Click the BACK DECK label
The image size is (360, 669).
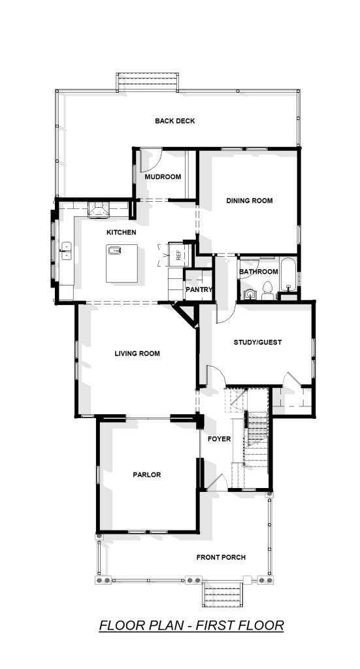click(x=175, y=121)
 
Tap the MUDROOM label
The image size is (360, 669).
click(x=163, y=177)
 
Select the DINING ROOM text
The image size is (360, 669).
click(x=249, y=201)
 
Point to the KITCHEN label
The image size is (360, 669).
click(x=121, y=233)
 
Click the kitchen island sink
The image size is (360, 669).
click(x=115, y=250)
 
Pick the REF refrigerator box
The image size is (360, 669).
click(x=176, y=255)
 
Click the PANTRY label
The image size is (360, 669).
click(x=199, y=289)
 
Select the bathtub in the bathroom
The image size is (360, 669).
click(x=289, y=275)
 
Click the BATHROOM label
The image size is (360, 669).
click(x=259, y=272)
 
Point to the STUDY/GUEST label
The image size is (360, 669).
click(x=257, y=342)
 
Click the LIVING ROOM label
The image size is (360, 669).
click(x=137, y=353)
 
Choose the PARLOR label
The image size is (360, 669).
click(x=147, y=475)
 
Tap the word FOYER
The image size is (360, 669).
click(x=220, y=439)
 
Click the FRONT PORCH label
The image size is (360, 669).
click(x=221, y=557)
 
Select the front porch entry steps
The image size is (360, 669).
click(x=222, y=595)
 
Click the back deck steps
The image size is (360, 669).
click(x=148, y=82)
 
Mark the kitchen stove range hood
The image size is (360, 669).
click(x=99, y=210)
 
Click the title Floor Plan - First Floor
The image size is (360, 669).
click(x=191, y=625)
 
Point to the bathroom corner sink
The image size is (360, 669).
click(x=249, y=293)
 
